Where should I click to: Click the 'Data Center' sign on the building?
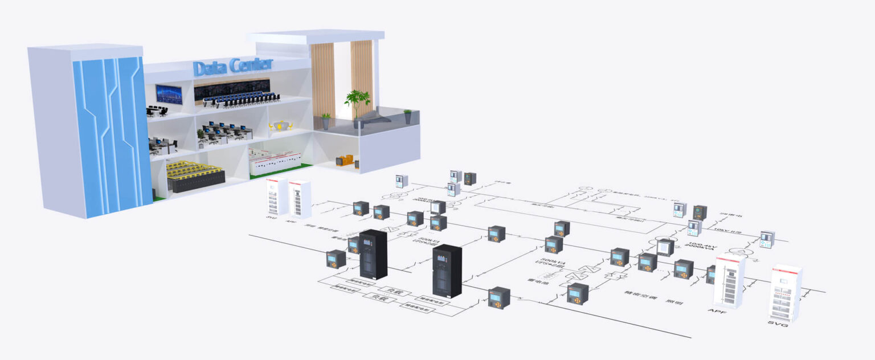(233, 67)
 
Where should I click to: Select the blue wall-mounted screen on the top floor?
(169, 94)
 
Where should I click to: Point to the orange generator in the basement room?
(344, 161)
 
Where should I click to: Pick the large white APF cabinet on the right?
(729, 282)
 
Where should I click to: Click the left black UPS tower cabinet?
(373, 254)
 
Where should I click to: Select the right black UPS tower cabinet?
(447, 271)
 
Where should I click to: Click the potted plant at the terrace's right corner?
(407, 117)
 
